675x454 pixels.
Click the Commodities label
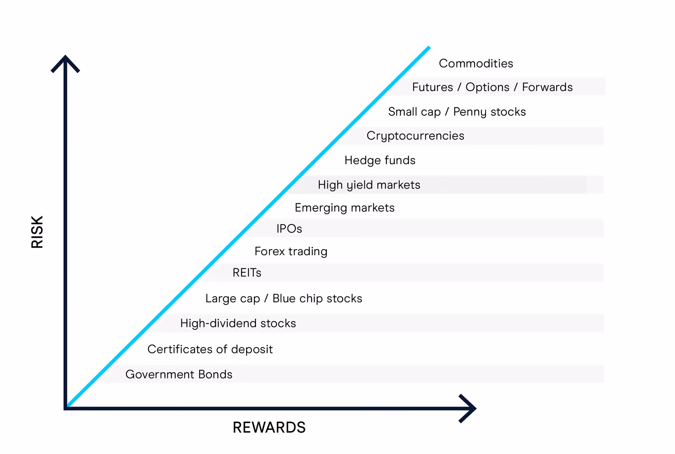[x=476, y=63]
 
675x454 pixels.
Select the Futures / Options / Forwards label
[x=492, y=87]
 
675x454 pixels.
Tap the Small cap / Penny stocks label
[x=457, y=112]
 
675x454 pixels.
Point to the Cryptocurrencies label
[x=415, y=136]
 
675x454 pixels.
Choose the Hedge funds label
[x=380, y=160]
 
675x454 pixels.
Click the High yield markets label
[x=369, y=185]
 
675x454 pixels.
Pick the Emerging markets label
[x=345, y=208]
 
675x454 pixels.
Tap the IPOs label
[x=289, y=229]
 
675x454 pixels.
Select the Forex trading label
[x=291, y=252]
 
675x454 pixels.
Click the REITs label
[x=247, y=273]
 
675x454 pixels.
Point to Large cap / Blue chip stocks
[x=283, y=299]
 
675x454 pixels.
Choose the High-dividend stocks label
[x=238, y=323]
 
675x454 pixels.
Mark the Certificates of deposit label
[x=210, y=349]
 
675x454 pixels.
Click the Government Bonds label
[x=179, y=374]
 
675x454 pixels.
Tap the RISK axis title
[x=37, y=232]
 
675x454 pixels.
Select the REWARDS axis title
[x=269, y=427]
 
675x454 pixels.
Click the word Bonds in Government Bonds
[x=215, y=374]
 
